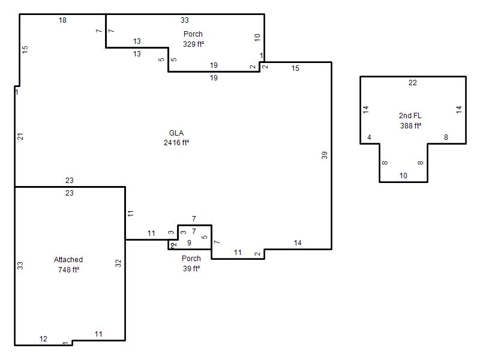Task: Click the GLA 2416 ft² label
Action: click(176, 138)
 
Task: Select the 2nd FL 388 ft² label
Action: click(410, 121)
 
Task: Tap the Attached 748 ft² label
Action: click(68, 265)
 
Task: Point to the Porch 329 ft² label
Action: click(193, 39)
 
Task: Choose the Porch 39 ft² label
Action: click(191, 263)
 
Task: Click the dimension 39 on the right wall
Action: click(325, 155)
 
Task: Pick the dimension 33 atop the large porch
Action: click(185, 20)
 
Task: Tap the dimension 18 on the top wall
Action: click(62, 20)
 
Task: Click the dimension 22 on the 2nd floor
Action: click(413, 83)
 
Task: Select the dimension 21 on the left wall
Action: click(20, 137)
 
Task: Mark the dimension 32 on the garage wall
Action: click(118, 263)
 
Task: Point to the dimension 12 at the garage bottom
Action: click(43, 339)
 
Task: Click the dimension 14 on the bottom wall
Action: click(298, 243)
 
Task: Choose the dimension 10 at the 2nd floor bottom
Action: click(403, 176)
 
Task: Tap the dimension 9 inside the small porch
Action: click(189, 243)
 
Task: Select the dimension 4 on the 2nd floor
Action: click(369, 137)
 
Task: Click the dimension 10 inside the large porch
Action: click(257, 38)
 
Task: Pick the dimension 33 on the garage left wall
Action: click(20, 265)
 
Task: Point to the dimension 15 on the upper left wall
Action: click(25, 49)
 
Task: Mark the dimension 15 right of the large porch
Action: click(295, 68)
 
